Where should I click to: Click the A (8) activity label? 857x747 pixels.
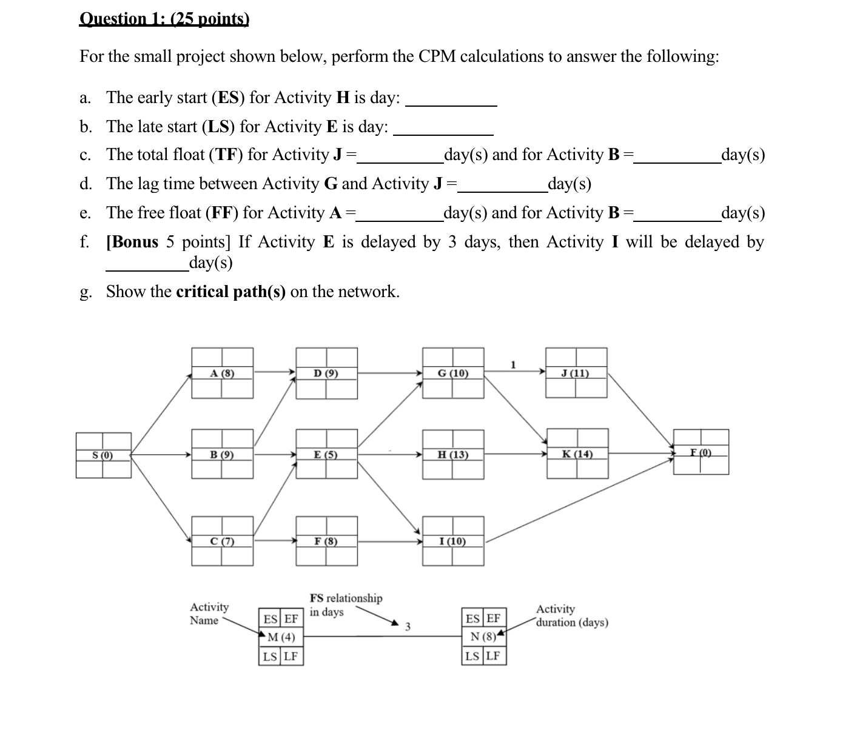point(222,373)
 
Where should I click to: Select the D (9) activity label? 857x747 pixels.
point(326,373)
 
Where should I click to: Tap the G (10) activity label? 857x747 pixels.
point(453,373)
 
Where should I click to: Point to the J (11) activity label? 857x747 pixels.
point(576,373)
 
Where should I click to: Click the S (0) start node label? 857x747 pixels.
point(103,455)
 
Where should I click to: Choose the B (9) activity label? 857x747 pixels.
point(222,455)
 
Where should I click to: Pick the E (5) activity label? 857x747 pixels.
point(326,455)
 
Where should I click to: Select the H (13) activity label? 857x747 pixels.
point(453,455)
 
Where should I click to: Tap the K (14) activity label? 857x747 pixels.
point(577,454)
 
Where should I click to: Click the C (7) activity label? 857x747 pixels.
point(222,541)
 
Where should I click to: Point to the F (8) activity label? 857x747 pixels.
point(326,541)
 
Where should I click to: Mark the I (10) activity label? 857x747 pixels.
point(453,541)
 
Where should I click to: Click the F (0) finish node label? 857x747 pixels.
point(701,452)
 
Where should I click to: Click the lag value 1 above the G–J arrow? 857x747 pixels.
point(513,365)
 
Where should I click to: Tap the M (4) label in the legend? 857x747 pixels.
point(281,637)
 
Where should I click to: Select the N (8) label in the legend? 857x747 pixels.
point(483,637)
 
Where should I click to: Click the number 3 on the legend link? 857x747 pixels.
point(408,626)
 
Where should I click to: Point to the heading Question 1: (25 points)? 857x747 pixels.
point(164,19)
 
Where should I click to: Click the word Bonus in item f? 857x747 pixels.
point(135,242)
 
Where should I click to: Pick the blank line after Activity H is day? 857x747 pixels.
point(451,100)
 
